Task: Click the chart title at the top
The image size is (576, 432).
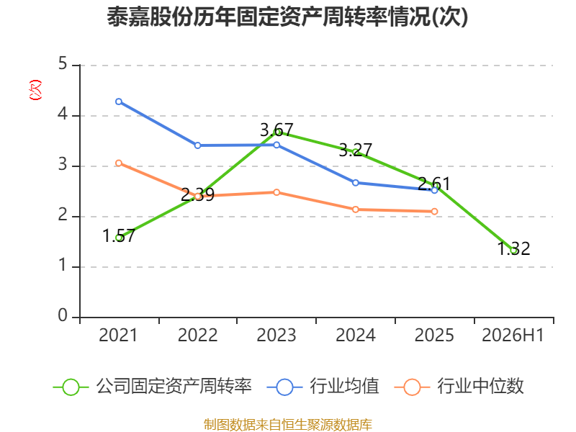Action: tap(287, 17)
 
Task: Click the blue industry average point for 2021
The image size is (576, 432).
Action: tap(119, 102)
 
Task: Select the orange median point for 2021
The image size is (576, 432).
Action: tap(119, 163)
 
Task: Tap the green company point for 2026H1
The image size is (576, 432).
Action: tap(513, 251)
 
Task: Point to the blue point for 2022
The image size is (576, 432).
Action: tap(197, 145)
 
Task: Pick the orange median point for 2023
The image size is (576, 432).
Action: tap(276, 192)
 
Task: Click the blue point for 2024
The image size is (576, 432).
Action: tap(356, 183)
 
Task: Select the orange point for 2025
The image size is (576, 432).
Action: tap(435, 211)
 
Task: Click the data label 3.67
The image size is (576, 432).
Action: tap(276, 130)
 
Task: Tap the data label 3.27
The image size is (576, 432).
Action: tap(355, 150)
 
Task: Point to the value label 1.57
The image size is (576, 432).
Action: tap(119, 236)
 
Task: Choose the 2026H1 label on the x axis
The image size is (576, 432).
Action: tap(513, 335)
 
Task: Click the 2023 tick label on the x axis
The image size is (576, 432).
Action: tap(276, 335)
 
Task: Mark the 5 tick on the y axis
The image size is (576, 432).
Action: tap(63, 64)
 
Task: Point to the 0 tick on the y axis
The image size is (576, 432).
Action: tap(63, 315)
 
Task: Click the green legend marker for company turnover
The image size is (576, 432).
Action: tap(71, 387)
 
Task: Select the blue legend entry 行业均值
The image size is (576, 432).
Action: tap(323, 387)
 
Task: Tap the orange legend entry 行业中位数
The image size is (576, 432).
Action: tap(459, 387)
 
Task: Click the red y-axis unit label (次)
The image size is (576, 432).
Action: tap(35, 90)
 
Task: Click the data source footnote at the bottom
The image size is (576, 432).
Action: tap(288, 425)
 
